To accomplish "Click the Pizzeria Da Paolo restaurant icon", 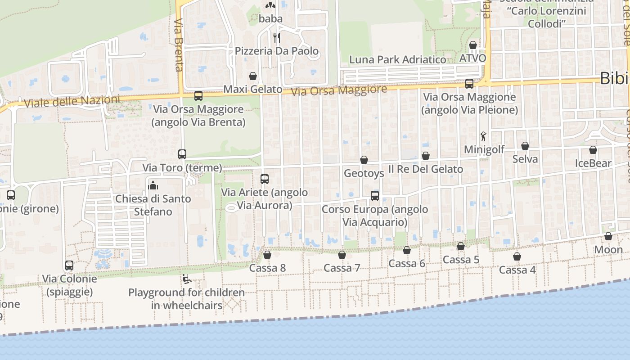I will tap(276, 37).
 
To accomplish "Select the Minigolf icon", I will tap(483, 136).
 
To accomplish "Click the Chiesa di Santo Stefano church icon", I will tap(153, 185).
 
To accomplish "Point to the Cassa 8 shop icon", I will tap(267, 255).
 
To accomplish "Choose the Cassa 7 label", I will tap(342, 268).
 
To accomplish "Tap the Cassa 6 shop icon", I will tap(407, 250).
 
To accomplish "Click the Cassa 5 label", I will tap(461, 260).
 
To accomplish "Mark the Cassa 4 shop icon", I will tap(517, 256).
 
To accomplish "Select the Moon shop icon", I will tap(608, 236).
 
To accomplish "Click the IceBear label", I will tap(593, 163).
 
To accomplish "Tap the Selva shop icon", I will tap(525, 146).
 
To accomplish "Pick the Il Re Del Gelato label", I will tap(425, 169).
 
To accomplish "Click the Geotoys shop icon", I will tap(364, 160).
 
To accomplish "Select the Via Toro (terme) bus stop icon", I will tap(182, 154).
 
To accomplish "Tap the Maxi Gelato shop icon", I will tap(253, 76).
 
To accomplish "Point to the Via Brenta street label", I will tap(179, 45).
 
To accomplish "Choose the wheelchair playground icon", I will tap(186, 279).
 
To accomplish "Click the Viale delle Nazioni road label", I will tap(72, 101).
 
